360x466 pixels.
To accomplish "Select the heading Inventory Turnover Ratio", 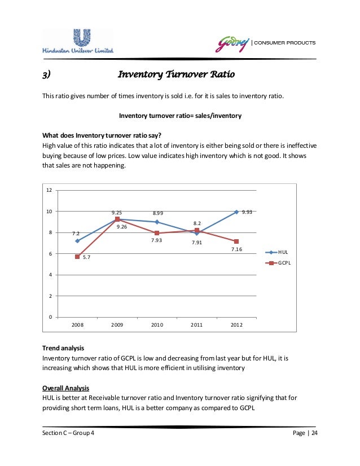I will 175,74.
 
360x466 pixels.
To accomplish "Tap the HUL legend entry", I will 277,252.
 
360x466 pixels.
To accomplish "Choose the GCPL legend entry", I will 278,263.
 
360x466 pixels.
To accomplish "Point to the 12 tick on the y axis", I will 49,190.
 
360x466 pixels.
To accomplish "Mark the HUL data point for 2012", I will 236,212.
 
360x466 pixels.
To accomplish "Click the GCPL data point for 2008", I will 77,257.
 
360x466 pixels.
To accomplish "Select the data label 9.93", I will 247,212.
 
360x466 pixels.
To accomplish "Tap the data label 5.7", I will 87,258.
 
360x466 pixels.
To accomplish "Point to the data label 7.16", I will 236,249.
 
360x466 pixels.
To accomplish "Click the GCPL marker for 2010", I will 157,233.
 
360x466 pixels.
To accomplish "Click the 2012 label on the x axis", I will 236,326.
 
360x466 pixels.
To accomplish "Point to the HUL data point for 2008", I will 77,241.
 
